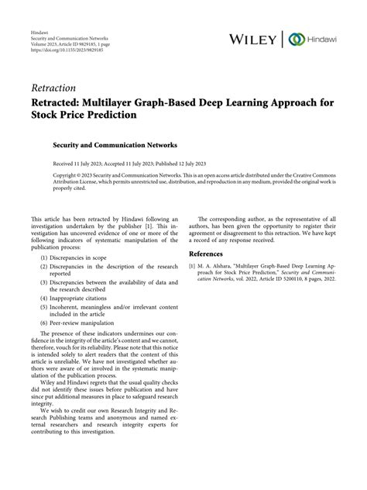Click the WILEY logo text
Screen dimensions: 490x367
256,39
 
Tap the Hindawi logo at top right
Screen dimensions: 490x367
320,39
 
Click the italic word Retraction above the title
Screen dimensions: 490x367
53,88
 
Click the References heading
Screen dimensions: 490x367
211,254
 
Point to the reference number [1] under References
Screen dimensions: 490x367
193,266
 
